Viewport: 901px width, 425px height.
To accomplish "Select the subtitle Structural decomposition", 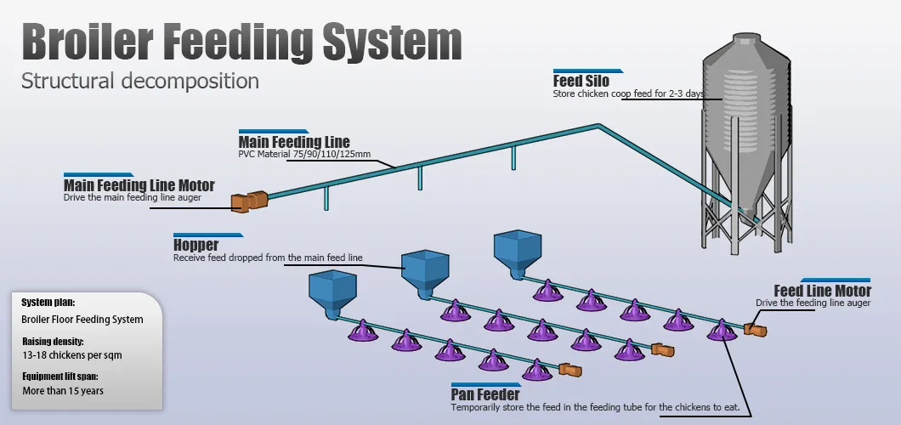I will pos(140,82).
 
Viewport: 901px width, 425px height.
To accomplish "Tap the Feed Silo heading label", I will pos(581,82).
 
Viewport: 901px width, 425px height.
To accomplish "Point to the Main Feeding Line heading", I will pos(293,142).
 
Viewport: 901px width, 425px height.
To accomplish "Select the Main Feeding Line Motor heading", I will pos(139,185).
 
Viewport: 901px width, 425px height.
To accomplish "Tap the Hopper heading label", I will pos(195,246).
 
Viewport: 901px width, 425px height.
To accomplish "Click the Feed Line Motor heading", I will pos(822,292).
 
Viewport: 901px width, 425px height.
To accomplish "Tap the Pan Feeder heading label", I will pos(485,395).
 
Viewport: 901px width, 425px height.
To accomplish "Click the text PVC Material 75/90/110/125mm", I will pos(305,155).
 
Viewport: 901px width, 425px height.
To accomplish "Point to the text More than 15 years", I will pos(63,391).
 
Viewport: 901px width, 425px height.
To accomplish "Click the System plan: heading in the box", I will pos(48,303).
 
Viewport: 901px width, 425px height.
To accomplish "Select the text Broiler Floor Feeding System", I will pos(82,320).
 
